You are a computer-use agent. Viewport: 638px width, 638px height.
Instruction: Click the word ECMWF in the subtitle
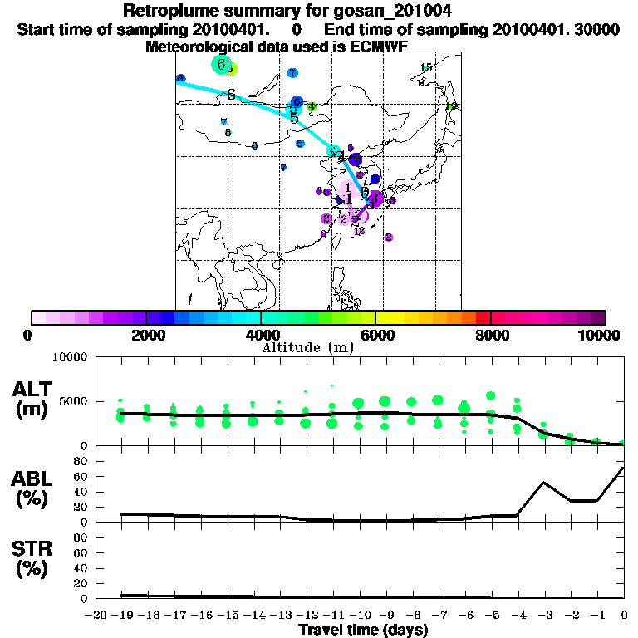point(377,47)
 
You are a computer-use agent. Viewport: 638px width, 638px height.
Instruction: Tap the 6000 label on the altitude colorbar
point(375,335)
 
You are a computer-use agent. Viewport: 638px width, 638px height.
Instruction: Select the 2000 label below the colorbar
point(146,335)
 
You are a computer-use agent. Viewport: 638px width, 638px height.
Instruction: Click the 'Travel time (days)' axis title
point(363,630)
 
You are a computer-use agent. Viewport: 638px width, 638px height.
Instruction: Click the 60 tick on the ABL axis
point(81,477)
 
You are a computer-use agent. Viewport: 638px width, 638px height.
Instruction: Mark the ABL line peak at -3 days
point(544,482)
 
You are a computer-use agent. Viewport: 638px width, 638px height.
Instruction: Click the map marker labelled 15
point(426,68)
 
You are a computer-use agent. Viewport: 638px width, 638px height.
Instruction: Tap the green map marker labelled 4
point(312,106)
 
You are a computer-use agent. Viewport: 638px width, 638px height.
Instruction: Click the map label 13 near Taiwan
point(359,232)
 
